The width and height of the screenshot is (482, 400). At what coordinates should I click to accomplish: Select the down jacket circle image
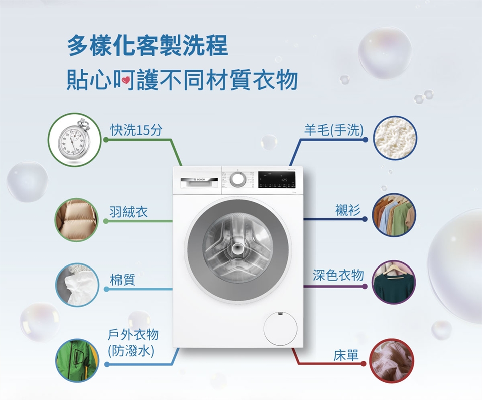pyautogui.click(x=76, y=219)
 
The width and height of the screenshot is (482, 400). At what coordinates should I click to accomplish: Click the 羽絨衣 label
pyautogui.click(x=129, y=211)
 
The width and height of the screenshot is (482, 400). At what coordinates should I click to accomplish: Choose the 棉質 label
pyautogui.click(x=123, y=280)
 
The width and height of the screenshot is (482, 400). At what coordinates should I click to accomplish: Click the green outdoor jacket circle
pyautogui.click(x=76, y=360)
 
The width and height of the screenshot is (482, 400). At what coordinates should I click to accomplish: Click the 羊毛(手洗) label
pyautogui.click(x=333, y=130)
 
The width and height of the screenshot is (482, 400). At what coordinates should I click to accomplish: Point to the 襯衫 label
pyautogui.click(x=348, y=211)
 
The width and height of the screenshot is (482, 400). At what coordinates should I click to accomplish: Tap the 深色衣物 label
pyautogui.click(x=338, y=275)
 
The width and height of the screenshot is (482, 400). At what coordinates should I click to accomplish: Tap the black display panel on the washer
pyautogui.click(x=276, y=180)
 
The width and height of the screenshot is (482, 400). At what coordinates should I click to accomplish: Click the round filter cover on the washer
pyautogui.click(x=280, y=328)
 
